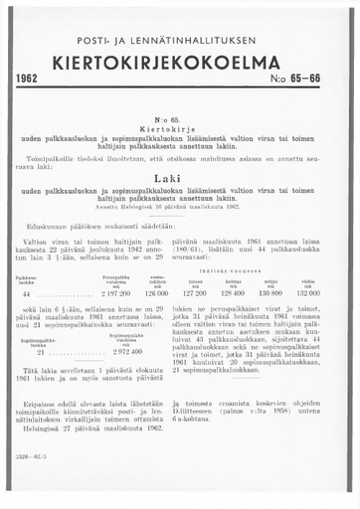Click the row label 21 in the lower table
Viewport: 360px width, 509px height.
(x=41, y=352)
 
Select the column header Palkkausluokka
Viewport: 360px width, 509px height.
(x=29, y=279)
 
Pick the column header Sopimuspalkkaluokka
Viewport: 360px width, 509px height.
(x=42, y=340)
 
